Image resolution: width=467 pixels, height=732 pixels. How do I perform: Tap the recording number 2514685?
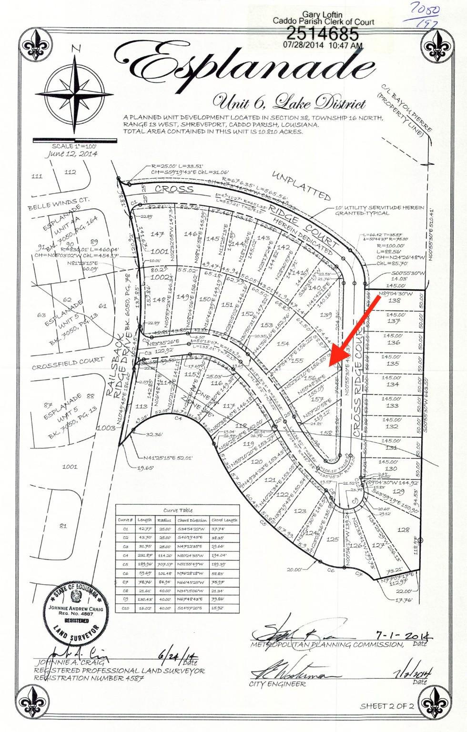pyautogui.click(x=322, y=33)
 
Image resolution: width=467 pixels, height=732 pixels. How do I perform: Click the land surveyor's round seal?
pyautogui.click(x=76, y=612)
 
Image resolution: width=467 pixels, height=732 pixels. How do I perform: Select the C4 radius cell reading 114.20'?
pyautogui.click(x=164, y=555)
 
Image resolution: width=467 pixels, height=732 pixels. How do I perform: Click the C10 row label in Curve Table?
pyautogui.click(x=126, y=608)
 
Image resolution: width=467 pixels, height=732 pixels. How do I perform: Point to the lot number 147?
pyautogui.click(x=157, y=234)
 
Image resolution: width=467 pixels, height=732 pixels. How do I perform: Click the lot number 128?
pyautogui.click(x=403, y=529)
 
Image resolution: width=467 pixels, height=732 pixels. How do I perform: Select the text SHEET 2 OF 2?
pyautogui.click(x=387, y=706)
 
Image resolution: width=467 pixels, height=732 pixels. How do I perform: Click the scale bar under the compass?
pyautogui.click(x=75, y=141)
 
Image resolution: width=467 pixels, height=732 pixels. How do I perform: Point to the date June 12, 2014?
pyautogui.click(x=72, y=154)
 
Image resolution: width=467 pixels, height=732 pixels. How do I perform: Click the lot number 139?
pyautogui.click(x=326, y=315)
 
